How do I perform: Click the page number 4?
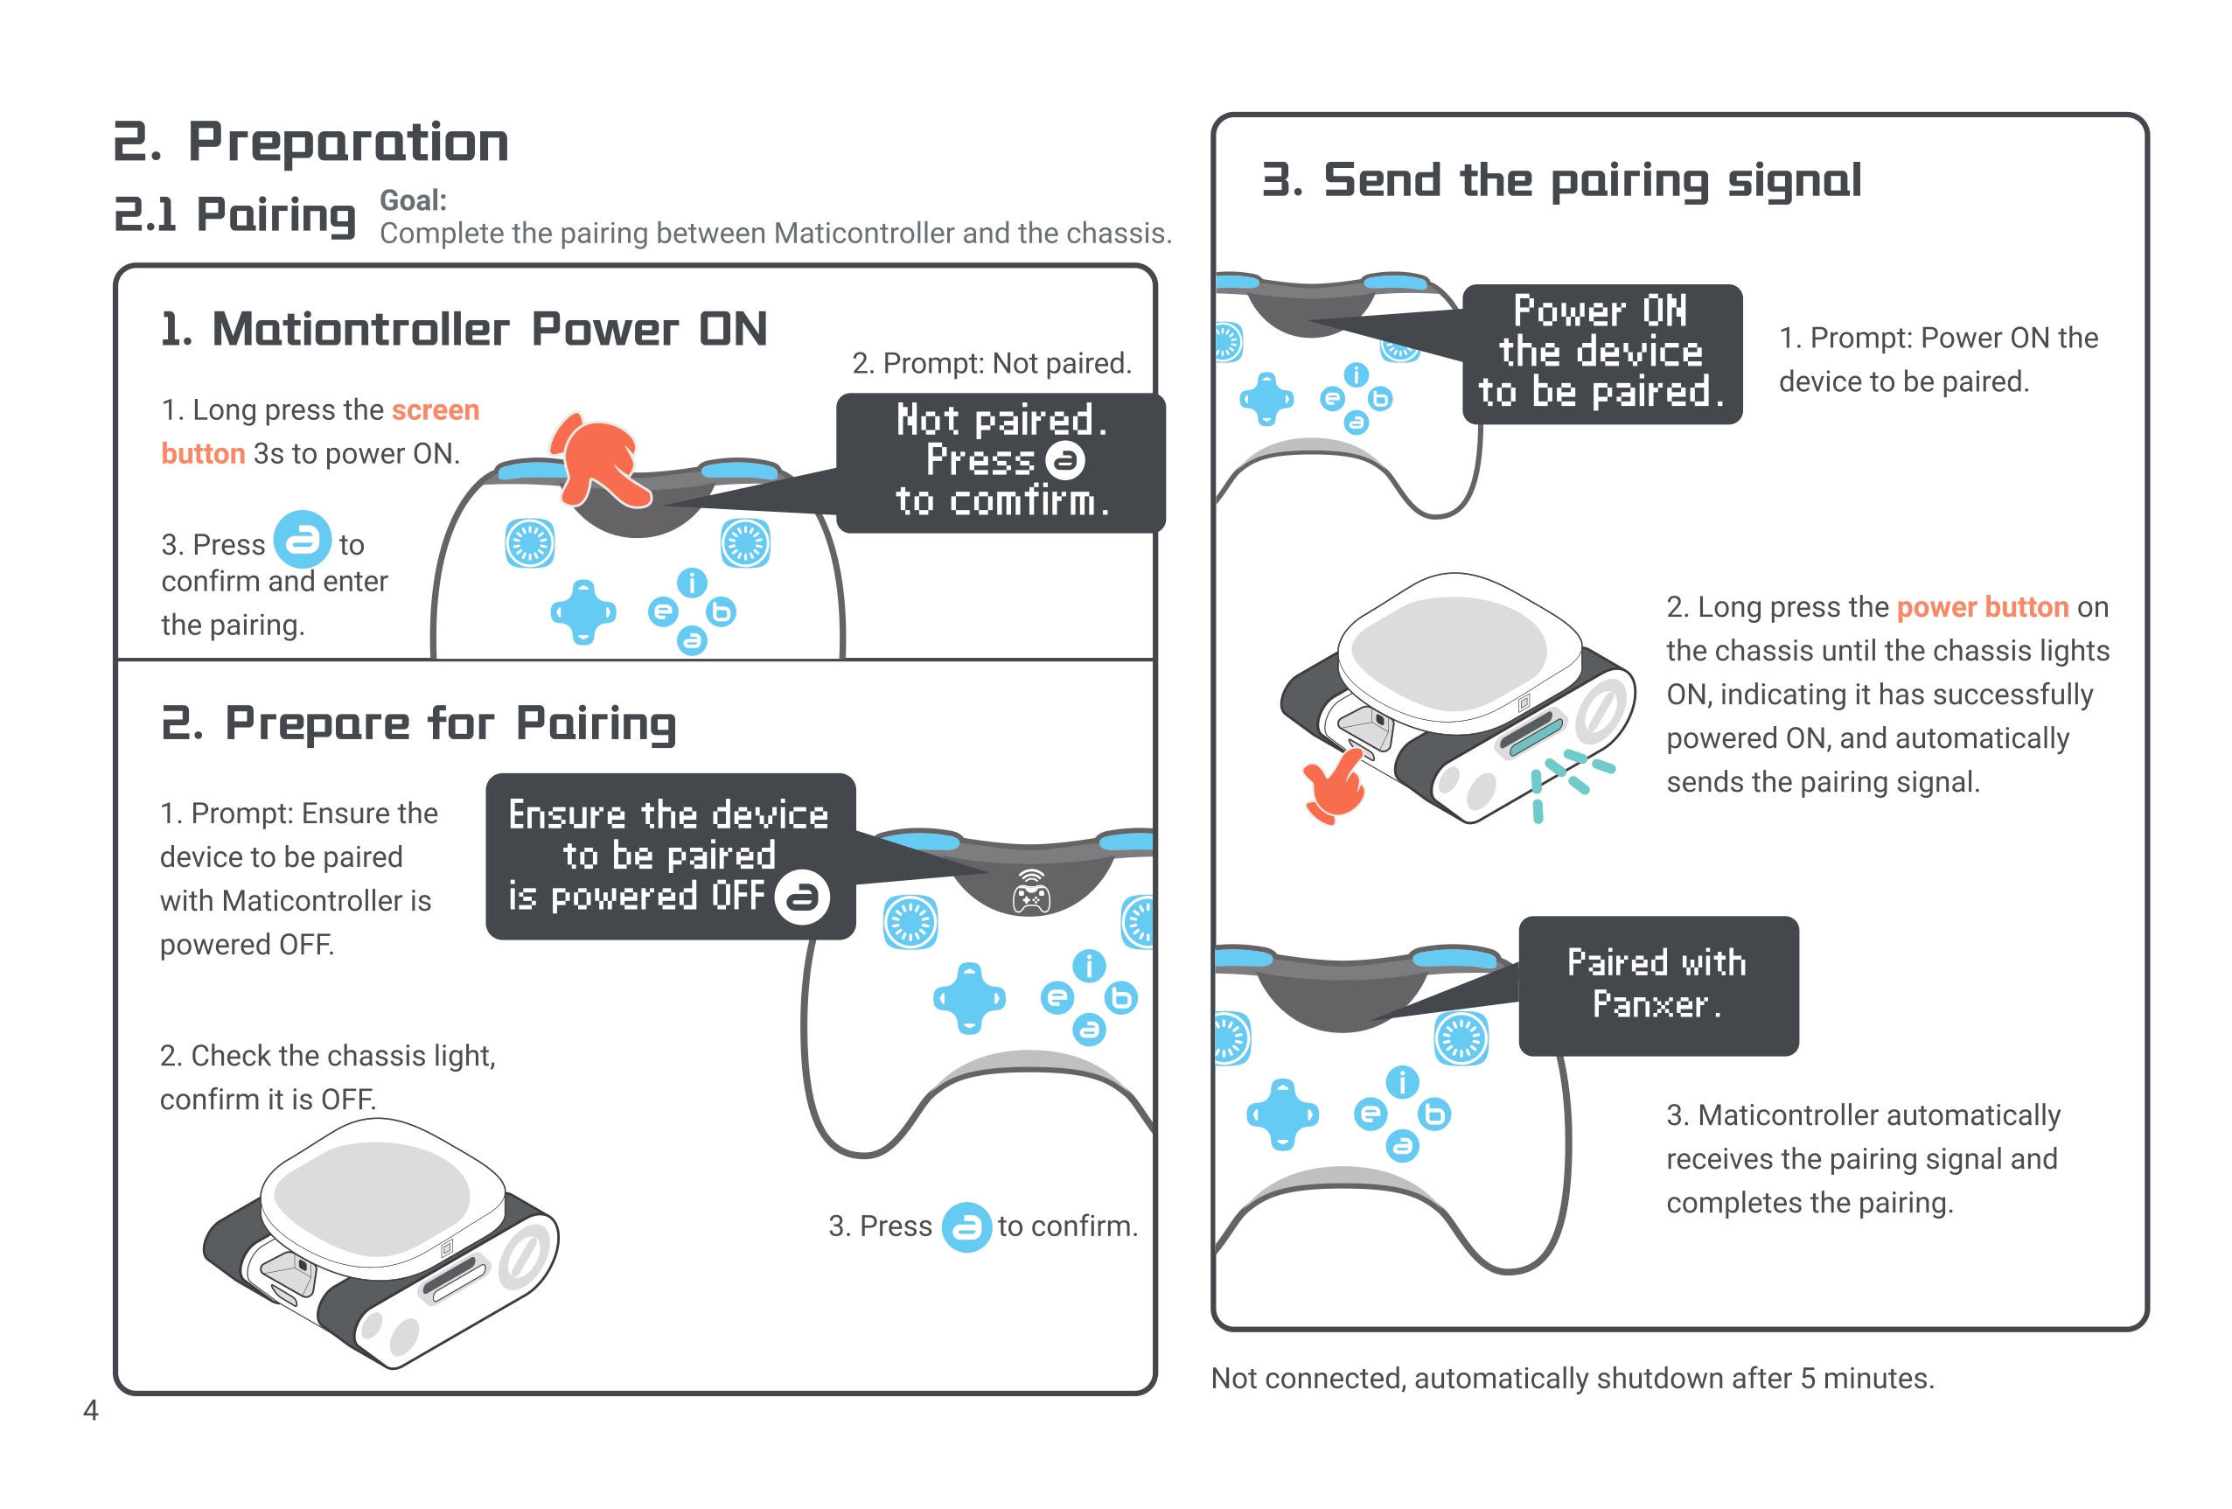pos(90,1409)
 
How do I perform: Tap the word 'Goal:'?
pos(413,199)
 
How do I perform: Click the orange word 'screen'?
pos(435,410)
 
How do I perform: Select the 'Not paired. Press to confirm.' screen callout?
pos(1000,462)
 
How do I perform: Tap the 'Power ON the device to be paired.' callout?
pos(1601,353)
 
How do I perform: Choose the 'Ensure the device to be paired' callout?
pos(669,856)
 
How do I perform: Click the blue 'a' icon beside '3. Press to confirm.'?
pos(966,1226)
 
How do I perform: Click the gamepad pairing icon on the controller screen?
pos(1030,891)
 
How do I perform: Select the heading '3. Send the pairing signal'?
pos(1562,179)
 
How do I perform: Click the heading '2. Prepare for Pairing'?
pos(419,723)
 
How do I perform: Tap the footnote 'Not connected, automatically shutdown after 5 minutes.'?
pos(1573,1379)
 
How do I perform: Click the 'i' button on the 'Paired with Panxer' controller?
pos(1402,1082)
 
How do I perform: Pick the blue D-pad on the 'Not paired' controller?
pos(583,611)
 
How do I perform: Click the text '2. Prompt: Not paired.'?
pos(991,363)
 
